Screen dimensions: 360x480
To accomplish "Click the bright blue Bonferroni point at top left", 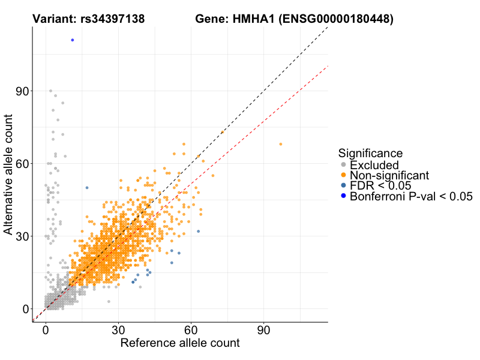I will (x=73, y=40).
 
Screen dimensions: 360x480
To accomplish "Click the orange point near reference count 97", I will (x=280, y=144).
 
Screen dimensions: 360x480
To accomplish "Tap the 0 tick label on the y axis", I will (x=26, y=308).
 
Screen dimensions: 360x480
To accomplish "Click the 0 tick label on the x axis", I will (x=46, y=331).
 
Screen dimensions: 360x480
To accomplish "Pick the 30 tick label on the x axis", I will (x=118, y=331).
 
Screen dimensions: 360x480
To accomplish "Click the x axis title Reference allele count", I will (x=180, y=343).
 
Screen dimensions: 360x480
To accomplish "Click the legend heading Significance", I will (x=370, y=153).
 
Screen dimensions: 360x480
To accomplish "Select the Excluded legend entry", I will (x=373, y=164).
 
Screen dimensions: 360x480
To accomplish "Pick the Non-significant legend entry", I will (x=389, y=175).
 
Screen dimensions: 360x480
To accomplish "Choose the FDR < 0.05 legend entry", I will (x=380, y=185).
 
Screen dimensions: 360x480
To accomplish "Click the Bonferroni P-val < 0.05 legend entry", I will (x=412, y=196).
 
